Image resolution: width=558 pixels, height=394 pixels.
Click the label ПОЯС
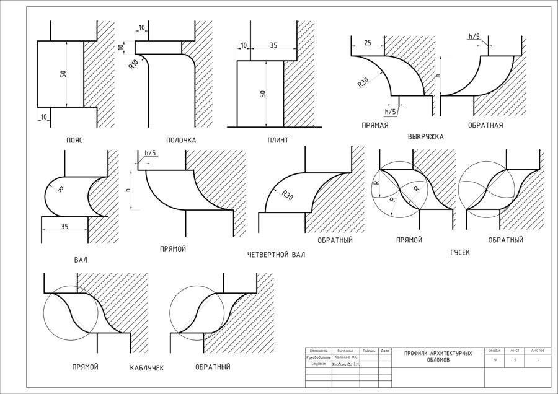click(74, 140)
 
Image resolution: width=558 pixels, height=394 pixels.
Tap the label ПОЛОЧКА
click(181, 140)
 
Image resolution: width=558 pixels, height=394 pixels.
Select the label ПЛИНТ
click(278, 140)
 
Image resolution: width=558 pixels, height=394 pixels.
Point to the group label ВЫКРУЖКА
click(425, 136)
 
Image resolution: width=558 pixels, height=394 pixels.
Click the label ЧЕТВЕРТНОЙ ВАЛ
click(276, 255)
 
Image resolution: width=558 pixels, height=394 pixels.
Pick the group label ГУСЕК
click(460, 253)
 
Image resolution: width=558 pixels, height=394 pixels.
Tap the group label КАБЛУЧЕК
click(147, 368)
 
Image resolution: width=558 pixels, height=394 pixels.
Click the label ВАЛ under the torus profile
click(81, 260)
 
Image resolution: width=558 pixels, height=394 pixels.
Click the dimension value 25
click(368, 43)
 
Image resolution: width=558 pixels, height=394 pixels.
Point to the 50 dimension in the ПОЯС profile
click(63, 74)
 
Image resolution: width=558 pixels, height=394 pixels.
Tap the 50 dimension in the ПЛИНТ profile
click(263, 94)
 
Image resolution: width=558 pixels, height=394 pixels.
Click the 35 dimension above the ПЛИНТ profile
click(274, 46)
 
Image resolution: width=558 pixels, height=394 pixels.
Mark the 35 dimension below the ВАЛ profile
click(64, 227)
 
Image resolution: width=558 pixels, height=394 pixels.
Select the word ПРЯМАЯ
click(375, 125)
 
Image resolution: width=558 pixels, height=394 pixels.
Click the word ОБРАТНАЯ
click(485, 125)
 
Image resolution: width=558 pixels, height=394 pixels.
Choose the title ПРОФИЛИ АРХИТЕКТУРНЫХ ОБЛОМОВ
click(438, 356)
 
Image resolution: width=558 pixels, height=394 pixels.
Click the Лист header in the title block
click(515, 351)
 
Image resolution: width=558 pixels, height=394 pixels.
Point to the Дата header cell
click(385, 351)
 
